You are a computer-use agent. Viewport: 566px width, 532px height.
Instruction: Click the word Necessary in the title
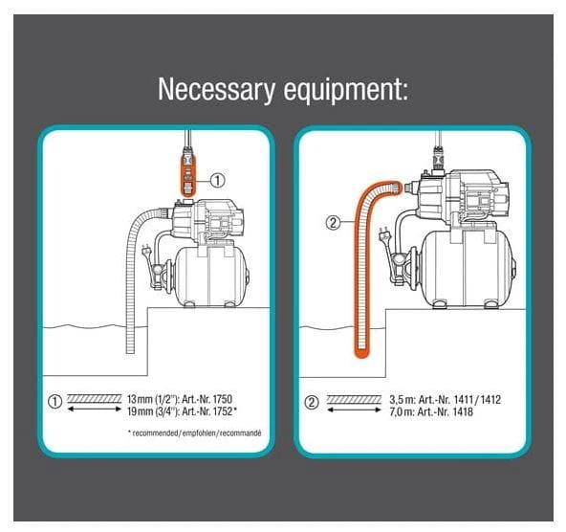(x=216, y=89)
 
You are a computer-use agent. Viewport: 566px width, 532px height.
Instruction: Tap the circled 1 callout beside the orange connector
(x=217, y=180)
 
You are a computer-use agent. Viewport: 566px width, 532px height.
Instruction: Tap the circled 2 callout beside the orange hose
(x=333, y=223)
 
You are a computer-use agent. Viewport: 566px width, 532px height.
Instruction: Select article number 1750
(x=223, y=399)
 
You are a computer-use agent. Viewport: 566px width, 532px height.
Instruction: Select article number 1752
(x=223, y=411)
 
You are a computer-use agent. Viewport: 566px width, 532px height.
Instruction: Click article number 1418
(x=463, y=411)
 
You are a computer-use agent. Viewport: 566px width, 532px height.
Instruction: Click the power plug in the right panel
(x=383, y=235)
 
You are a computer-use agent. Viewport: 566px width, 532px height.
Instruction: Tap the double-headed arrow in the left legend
(x=95, y=409)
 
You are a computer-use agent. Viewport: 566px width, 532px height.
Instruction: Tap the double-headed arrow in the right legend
(x=354, y=410)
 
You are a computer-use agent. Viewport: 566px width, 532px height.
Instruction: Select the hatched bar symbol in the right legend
(x=354, y=399)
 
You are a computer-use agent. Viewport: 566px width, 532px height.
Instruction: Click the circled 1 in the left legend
(x=54, y=402)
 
